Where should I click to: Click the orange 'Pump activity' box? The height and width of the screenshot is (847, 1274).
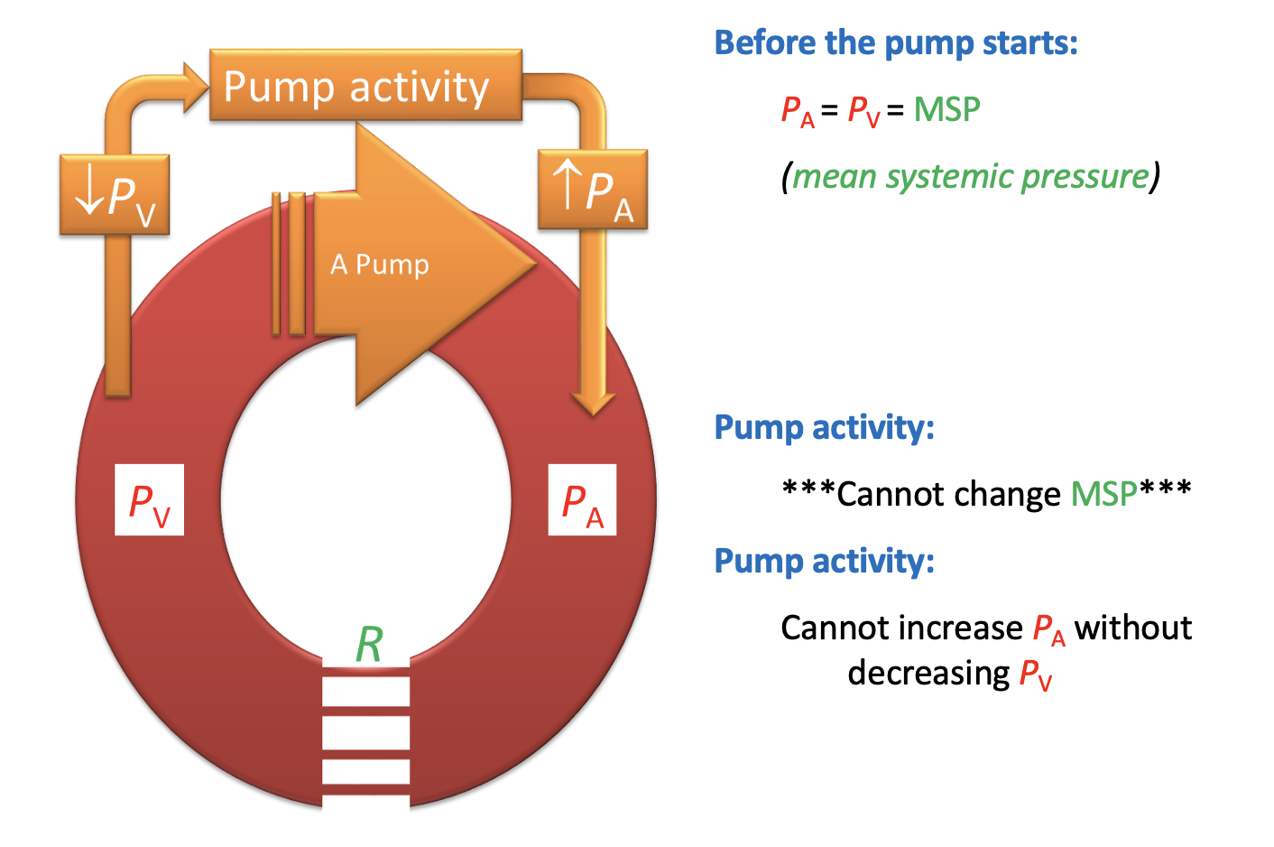tap(365, 86)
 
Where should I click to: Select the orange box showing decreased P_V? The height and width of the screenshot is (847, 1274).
tap(115, 195)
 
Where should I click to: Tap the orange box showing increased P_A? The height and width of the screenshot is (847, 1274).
tap(593, 190)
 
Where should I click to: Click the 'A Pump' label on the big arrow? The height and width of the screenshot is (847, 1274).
tap(380, 265)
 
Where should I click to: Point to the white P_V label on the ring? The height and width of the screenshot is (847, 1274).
tap(149, 500)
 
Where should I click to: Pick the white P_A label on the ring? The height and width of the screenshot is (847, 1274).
tap(582, 500)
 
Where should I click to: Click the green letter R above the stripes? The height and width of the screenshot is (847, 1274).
tap(369, 645)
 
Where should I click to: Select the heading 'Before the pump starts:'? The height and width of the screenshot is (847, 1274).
tap(896, 42)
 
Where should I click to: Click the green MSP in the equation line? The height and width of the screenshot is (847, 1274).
tap(946, 109)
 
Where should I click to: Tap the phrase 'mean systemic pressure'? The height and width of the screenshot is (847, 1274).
tap(971, 176)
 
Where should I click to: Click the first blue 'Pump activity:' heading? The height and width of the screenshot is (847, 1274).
tap(824, 427)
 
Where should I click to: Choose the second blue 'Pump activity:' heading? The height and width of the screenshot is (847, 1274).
tap(824, 561)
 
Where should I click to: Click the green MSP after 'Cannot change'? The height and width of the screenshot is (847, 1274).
tap(1103, 494)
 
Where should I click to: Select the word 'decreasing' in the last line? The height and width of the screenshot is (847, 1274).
tap(928, 673)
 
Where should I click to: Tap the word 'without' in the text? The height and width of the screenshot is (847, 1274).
tap(1133, 628)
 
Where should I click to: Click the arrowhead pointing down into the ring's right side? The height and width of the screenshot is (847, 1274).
tap(593, 402)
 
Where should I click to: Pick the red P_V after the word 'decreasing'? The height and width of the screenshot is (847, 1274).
tap(1036, 675)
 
